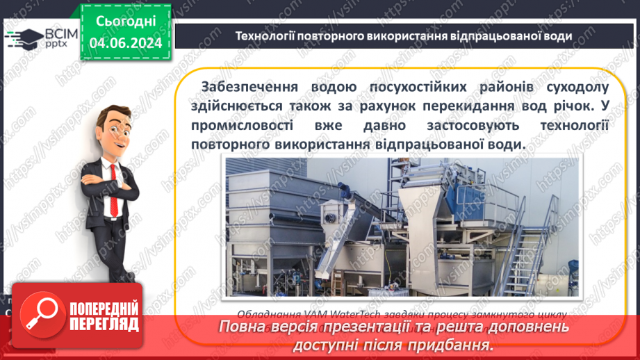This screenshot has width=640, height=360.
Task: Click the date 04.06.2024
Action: click(126, 43)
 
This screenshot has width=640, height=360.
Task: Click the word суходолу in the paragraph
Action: click(576, 87)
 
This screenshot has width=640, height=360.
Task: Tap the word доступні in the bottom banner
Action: click(329, 345)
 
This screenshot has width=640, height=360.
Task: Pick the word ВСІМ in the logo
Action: click(62, 33)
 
